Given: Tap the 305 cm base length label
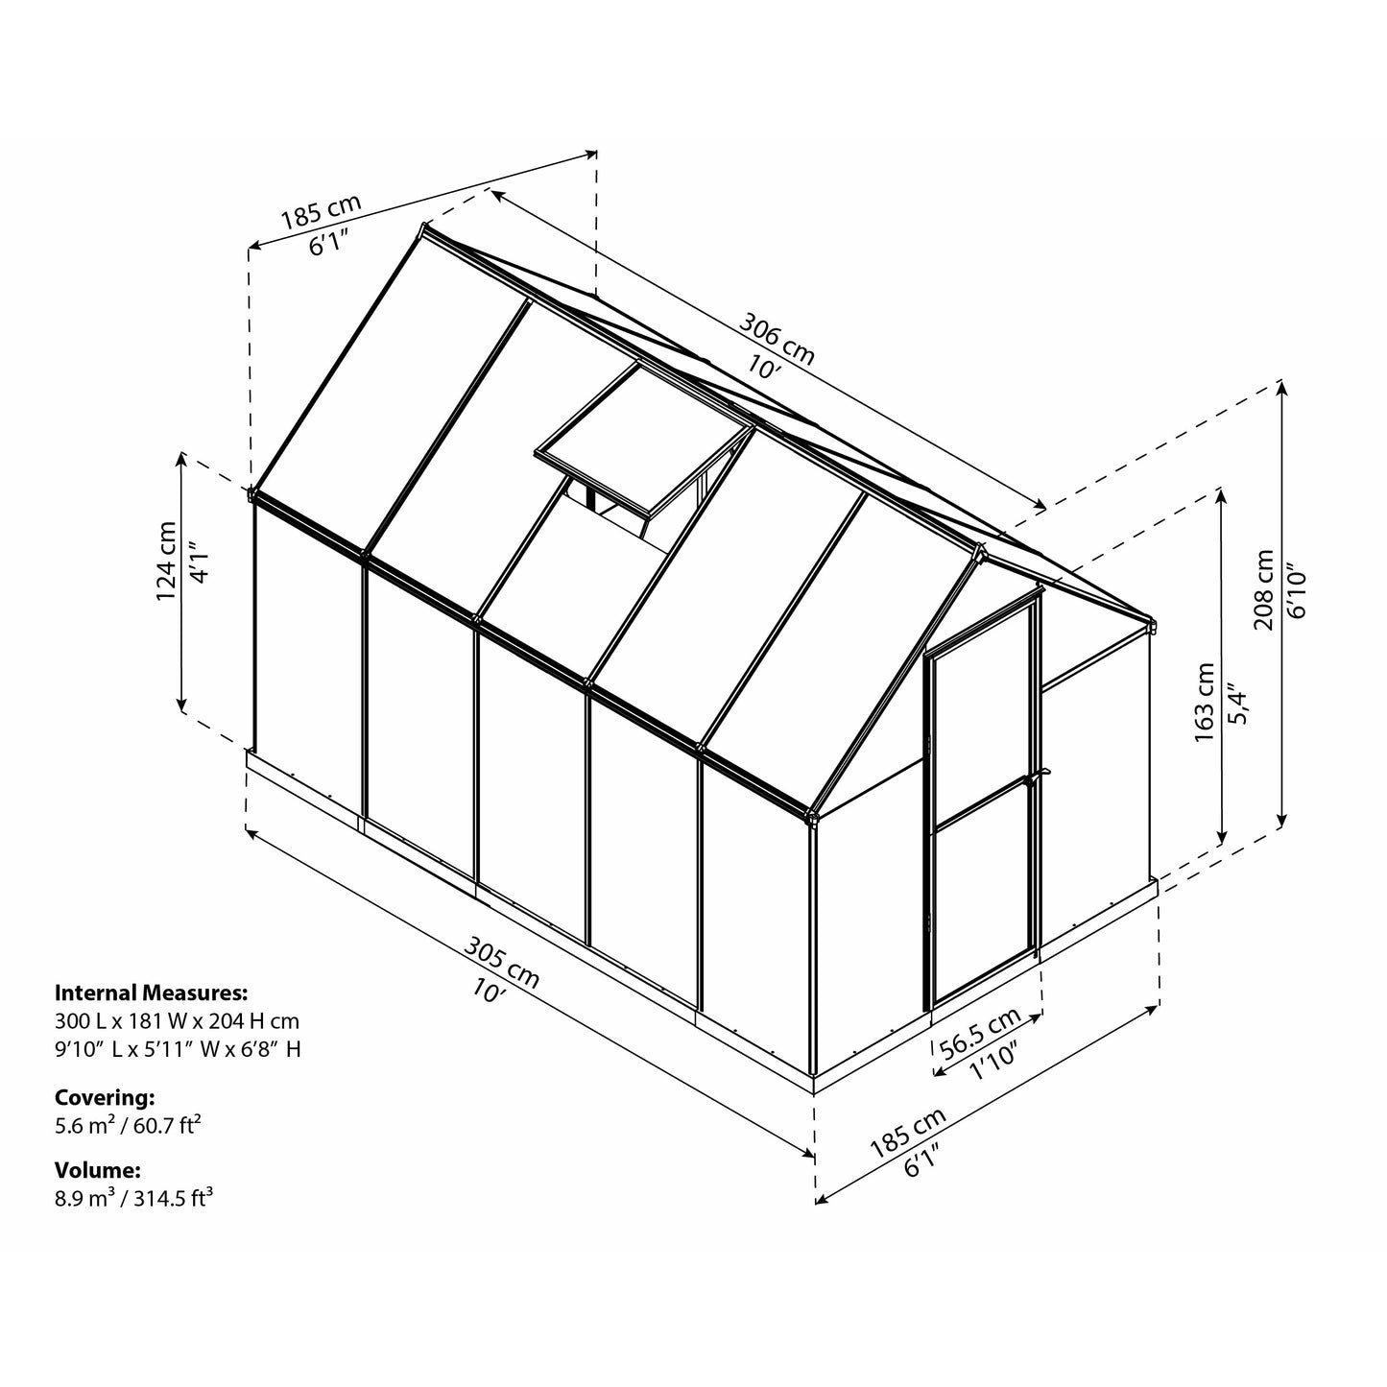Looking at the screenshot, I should tap(502, 962).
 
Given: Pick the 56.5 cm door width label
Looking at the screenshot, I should tap(979, 1033).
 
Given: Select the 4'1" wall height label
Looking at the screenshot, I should tap(198, 562).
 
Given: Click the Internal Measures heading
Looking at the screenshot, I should tap(152, 992).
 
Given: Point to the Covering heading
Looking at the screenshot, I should tap(105, 1096).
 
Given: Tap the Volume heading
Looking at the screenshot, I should tap(99, 1170).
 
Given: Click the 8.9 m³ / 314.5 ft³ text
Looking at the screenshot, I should tap(133, 1198).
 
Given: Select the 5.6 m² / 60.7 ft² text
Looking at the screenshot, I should tap(128, 1124).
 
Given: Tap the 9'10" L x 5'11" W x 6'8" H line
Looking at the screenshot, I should tap(178, 1049).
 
